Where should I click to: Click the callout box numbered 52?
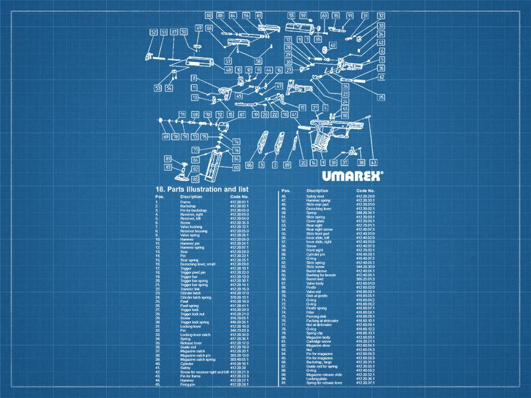(154, 32)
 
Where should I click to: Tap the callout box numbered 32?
(380, 16)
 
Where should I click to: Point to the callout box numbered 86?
(249, 165)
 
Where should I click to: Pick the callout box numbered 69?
(166, 137)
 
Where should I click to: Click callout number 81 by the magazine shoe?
(168, 159)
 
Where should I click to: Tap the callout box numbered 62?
(381, 77)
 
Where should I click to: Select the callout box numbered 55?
(291, 15)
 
